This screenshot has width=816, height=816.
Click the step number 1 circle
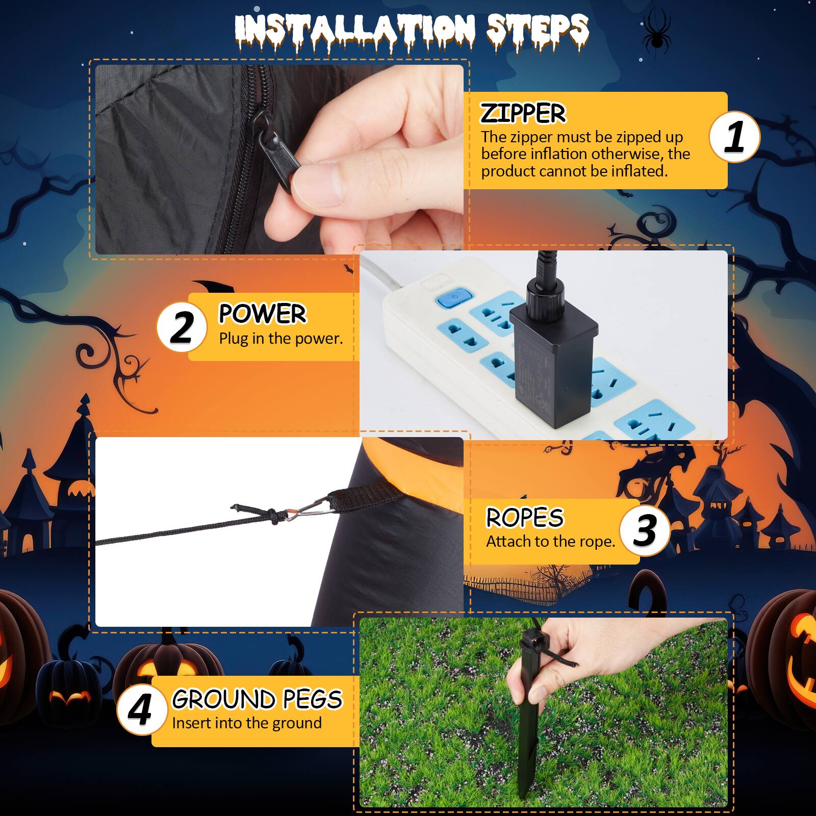734,137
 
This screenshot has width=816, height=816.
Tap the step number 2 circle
182,326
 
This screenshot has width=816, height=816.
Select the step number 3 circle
645,530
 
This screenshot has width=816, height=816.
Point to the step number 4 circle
141,710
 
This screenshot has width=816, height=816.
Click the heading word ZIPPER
523,113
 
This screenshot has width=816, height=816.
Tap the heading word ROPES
524,517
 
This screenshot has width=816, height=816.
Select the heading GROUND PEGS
257,699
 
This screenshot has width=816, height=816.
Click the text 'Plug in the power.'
281,339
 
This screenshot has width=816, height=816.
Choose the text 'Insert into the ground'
247,723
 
